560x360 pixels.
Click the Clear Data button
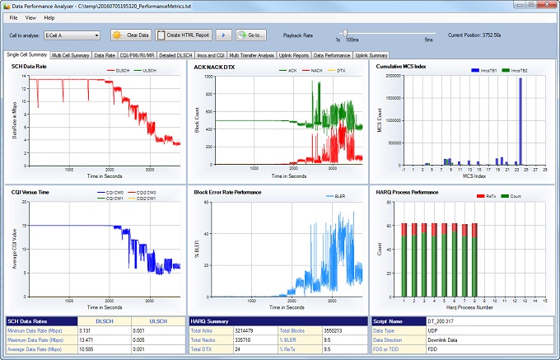(131, 35)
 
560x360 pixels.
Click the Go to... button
(250, 35)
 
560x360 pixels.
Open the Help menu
(49, 16)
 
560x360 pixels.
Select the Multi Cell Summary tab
(71, 55)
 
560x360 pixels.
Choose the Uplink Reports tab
(294, 55)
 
